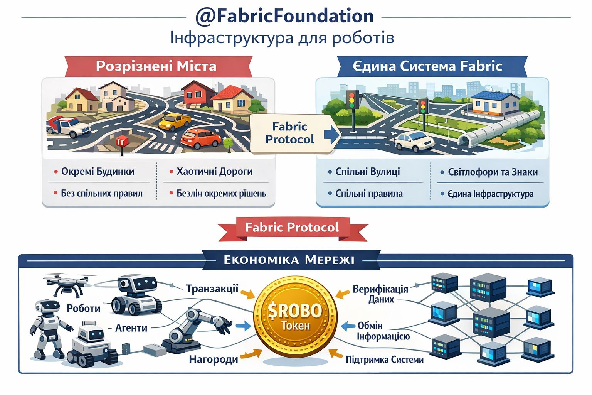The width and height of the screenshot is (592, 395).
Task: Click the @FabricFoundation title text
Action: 284,16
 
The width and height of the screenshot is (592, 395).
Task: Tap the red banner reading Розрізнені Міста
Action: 156,66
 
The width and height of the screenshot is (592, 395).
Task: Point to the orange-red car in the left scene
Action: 201,138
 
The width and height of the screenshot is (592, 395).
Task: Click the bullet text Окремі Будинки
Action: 98,171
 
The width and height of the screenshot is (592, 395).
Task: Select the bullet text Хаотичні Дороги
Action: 214,171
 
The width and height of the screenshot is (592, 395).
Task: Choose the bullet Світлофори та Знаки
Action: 493,172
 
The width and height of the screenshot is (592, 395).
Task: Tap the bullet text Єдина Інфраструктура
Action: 490,194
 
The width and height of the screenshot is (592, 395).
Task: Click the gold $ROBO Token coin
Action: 295,317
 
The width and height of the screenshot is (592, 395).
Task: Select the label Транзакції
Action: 212,289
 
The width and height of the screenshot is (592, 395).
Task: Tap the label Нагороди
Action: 213,360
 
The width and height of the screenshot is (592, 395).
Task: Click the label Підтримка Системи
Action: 384,360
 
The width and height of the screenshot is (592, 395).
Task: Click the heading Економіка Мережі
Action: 289,260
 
